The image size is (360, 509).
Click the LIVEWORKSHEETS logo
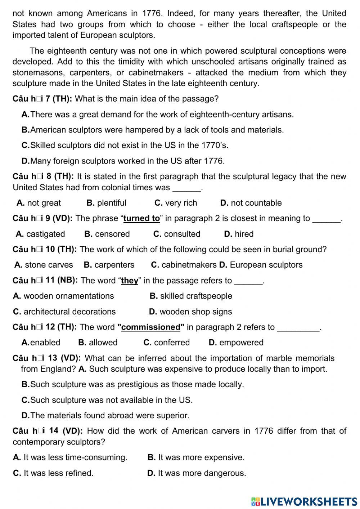[x=304, y=501]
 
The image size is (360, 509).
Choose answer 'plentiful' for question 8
[x=107, y=203]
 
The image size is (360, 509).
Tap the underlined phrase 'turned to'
[x=141, y=218]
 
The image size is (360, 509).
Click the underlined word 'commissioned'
[x=150, y=327]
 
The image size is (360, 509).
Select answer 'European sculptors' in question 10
[x=261, y=265]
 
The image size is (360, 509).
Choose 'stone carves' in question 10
[x=44, y=265]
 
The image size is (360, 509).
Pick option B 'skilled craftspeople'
[x=191, y=296]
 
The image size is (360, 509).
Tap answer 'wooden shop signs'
[x=190, y=312]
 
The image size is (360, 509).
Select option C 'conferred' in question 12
[x=166, y=342]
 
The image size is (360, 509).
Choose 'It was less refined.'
[x=53, y=473]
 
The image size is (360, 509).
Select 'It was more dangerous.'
[x=197, y=473]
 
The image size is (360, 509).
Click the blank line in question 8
[x=187, y=188]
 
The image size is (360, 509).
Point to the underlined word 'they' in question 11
[x=130, y=281]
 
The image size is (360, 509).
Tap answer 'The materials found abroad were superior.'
[x=105, y=415]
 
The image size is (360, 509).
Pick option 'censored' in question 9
[x=107, y=234]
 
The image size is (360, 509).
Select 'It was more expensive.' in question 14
[x=196, y=457]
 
